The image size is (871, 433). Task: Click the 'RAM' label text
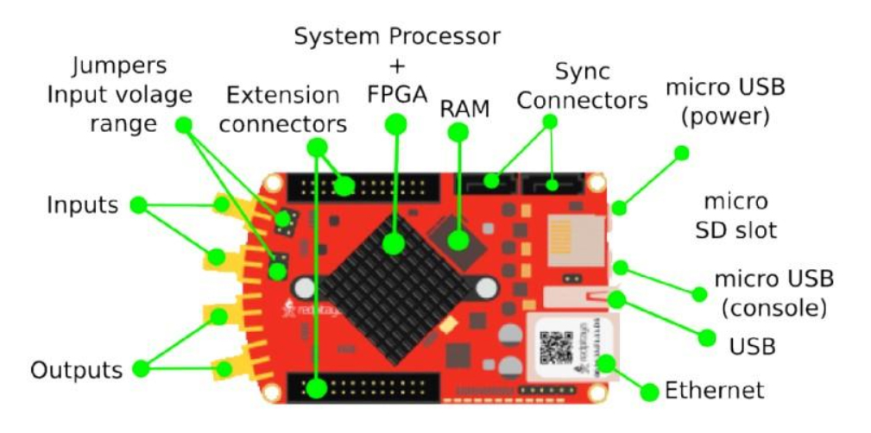tap(465, 108)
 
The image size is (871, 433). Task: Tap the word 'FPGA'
tap(396, 94)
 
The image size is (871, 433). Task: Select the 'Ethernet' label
tap(714, 391)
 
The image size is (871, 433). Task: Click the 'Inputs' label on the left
tap(82, 205)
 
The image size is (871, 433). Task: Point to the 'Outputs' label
tap(76, 371)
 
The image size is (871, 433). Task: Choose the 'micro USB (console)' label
tap(773, 292)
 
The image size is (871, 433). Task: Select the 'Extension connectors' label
tap(282, 109)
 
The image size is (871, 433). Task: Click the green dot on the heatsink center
tap(394, 244)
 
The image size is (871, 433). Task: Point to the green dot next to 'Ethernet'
tap(650, 392)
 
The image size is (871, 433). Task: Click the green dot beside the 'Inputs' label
tap(137, 205)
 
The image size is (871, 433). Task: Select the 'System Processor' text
tap(396, 37)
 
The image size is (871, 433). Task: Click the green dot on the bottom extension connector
tap(317, 388)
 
